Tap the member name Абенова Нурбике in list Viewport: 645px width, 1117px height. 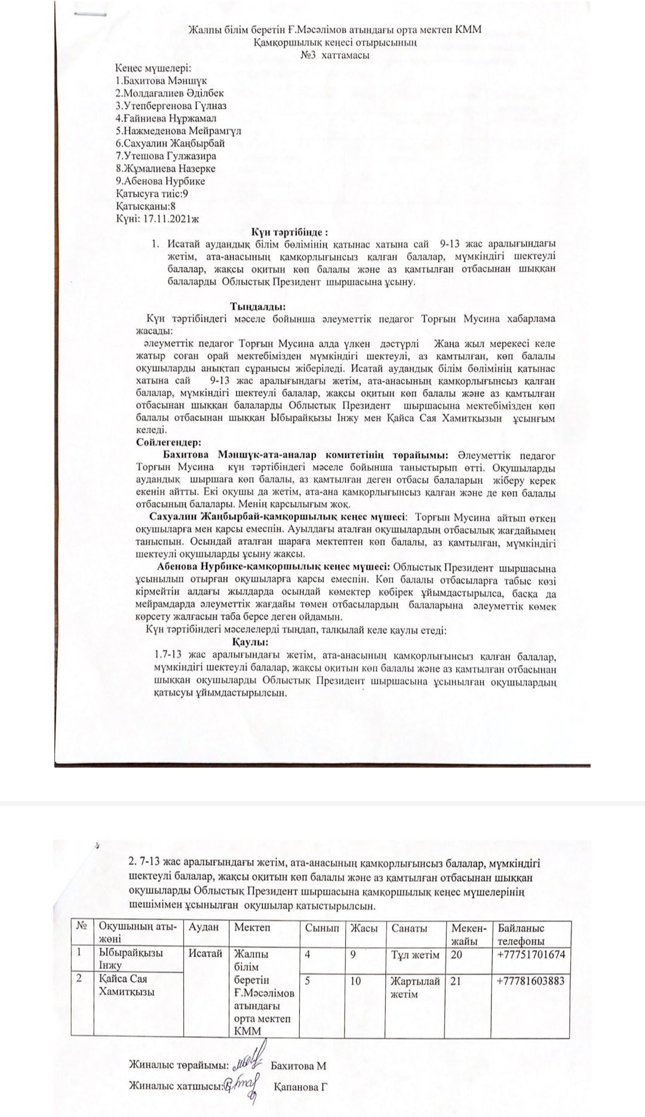[x=161, y=181]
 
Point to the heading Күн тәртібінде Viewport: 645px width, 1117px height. [x=290, y=232]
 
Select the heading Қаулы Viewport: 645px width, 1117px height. [x=249, y=642]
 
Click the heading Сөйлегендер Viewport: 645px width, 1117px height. [x=169, y=443]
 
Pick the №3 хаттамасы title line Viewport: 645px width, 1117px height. [x=334, y=55]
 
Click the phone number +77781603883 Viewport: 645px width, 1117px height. [x=530, y=980]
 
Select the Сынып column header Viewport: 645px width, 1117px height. [x=322, y=928]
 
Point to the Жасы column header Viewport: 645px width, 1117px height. [x=364, y=928]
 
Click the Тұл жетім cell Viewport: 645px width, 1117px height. [x=415, y=955]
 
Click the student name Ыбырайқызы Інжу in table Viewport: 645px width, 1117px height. [x=130, y=959]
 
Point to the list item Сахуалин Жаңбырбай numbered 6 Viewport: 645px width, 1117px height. [x=170, y=143]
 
